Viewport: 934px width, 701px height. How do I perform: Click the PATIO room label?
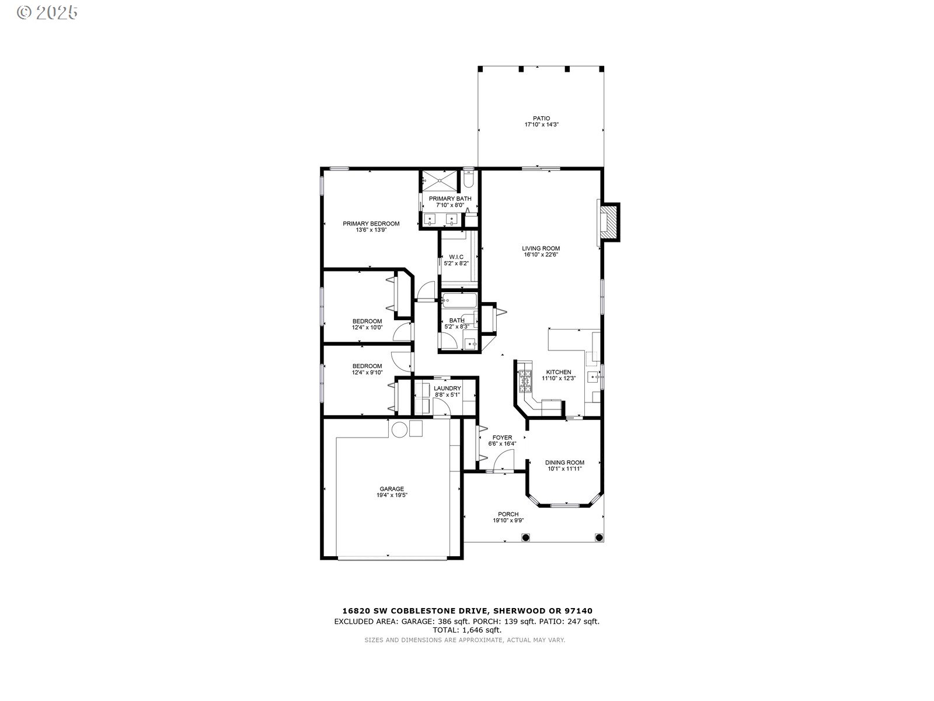pos(541,119)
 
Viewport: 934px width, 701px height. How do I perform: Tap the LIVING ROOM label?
pos(541,248)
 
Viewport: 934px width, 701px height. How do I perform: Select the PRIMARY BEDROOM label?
pos(371,224)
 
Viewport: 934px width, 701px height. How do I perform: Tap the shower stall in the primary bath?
pos(440,181)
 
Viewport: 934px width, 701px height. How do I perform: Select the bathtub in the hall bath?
pos(459,300)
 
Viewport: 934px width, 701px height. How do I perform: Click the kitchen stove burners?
pos(525,381)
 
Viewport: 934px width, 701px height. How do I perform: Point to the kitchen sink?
pos(593,377)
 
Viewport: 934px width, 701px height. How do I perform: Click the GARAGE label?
pos(392,488)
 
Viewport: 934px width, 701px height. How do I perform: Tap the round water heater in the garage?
pos(399,429)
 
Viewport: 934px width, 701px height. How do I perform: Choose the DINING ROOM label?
pos(564,462)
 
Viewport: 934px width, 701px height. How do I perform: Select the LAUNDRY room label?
pos(447,388)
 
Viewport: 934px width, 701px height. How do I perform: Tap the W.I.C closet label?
pos(456,257)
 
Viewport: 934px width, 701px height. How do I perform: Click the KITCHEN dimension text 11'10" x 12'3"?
pos(559,379)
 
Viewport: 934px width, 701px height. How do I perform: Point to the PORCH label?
pos(508,514)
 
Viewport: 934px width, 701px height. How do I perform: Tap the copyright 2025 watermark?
pos(47,12)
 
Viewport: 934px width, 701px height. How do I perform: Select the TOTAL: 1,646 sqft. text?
pos(467,630)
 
